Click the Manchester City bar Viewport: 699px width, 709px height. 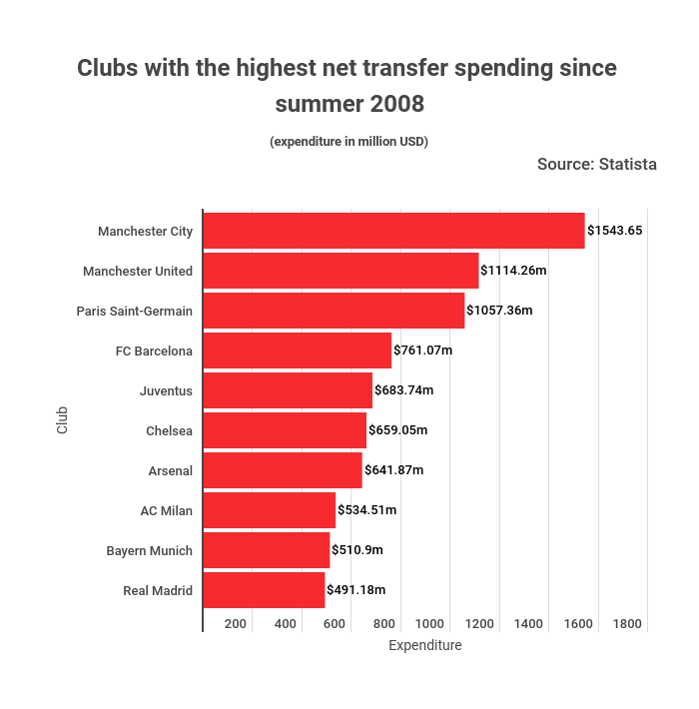pyautogui.click(x=393, y=231)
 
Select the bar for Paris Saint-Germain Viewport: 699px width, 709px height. pyautogui.click(x=334, y=311)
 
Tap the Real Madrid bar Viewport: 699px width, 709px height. pyautogui.click(x=264, y=590)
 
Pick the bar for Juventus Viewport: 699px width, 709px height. pyautogui.click(x=288, y=390)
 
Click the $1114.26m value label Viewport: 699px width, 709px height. pyautogui.click(x=513, y=271)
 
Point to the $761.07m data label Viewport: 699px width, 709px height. pyautogui.click(x=423, y=351)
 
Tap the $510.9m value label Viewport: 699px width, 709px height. pyautogui.click(x=357, y=550)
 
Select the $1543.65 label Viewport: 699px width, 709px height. pyautogui.click(x=614, y=231)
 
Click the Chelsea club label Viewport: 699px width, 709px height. pyautogui.click(x=169, y=430)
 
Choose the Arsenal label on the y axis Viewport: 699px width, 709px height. pyautogui.click(x=170, y=470)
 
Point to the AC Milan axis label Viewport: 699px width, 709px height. pyautogui.click(x=166, y=510)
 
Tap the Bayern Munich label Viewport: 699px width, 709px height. pyautogui.click(x=150, y=550)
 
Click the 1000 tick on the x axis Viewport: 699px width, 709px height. pyautogui.click(x=430, y=624)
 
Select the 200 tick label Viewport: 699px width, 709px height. pyautogui.click(x=236, y=624)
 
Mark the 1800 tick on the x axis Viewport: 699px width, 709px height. pyautogui.click(x=627, y=624)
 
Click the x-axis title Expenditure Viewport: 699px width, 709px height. pyautogui.click(x=425, y=646)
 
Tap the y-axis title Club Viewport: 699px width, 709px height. pyautogui.click(x=63, y=418)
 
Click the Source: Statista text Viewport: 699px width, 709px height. pyautogui.click(x=596, y=164)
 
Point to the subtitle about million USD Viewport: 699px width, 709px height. pyautogui.click(x=349, y=142)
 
